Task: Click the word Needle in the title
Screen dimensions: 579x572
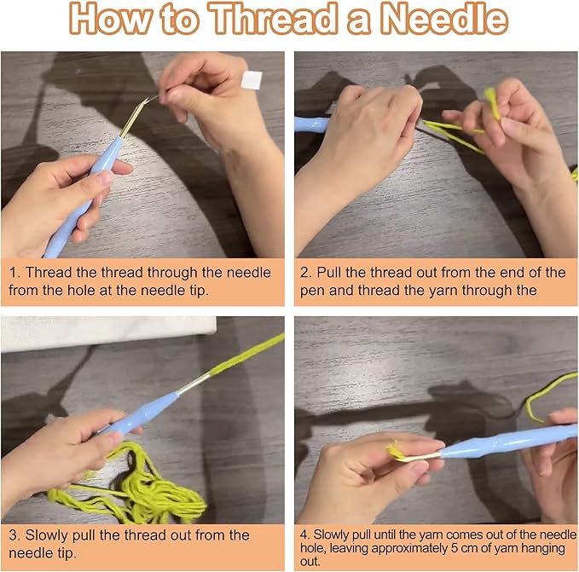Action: (x=444, y=19)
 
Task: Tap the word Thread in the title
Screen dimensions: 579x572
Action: (x=273, y=19)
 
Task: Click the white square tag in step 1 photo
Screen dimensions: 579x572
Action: (x=252, y=80)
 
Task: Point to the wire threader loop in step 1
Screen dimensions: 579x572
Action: (x=138, y=114)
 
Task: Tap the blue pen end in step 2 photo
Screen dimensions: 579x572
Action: (x=311, y=124)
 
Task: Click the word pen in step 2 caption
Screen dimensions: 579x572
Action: (x=312, y=292)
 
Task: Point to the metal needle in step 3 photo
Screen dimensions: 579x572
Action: (x=194, y=383)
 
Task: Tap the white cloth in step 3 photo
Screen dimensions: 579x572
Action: (x=108, y=333)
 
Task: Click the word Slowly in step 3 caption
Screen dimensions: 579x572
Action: (x=46, y=535)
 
